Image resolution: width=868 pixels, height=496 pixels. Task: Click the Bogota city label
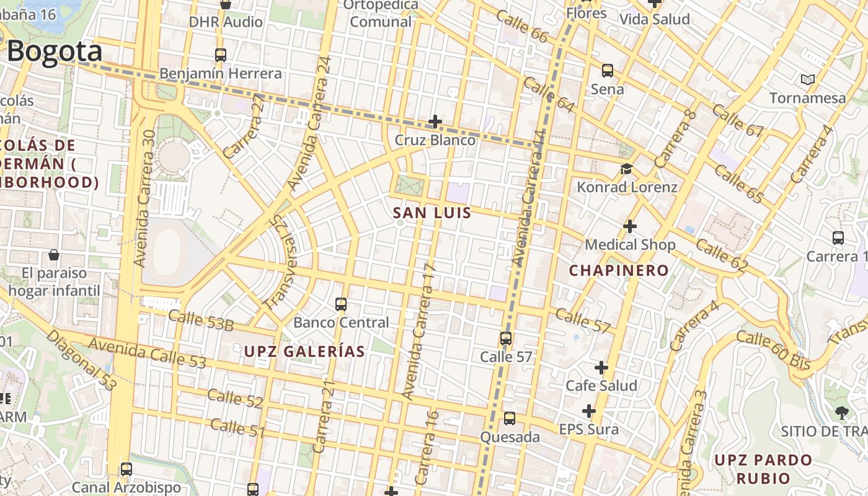click(x=55, y=51)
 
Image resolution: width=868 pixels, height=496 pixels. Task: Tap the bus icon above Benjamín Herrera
click(x=221, y=55)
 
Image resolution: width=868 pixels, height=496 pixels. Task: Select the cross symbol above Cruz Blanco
click(x=435, y=121)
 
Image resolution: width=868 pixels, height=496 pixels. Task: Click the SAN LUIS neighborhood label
click(x=432, y=213)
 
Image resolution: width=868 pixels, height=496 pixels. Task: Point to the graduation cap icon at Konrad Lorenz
click(x=626, y=169)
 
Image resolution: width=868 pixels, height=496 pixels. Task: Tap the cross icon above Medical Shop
click(x=630, y=226)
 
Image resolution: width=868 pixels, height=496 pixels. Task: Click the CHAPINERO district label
click(x=619, y=270)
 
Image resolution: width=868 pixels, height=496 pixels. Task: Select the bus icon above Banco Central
click(x=341, y=304)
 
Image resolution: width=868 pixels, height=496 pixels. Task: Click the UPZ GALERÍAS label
click(x=304, y=352)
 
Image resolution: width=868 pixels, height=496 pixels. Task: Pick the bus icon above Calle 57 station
click(x=506, y=339)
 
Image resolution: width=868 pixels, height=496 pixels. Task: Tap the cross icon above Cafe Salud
click(x=601, y=368)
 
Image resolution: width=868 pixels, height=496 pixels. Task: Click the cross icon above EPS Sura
click(x=588, y=411)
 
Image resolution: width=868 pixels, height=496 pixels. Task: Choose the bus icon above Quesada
click(x=510, y=418)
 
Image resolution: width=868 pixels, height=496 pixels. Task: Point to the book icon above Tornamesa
click(x=807, y=79)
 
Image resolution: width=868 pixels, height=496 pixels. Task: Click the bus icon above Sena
click(x=608, y=71)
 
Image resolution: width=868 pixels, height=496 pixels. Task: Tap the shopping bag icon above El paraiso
click(x=54, y=255)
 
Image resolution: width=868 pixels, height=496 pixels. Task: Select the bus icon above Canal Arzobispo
click(x=126, y=469)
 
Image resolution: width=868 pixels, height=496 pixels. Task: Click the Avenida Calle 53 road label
click(x=147, y=352)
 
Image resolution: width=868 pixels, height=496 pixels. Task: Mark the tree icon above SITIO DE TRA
click(x=841, y=412)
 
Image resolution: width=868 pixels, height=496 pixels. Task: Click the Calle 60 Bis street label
click(x=773, y=350)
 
